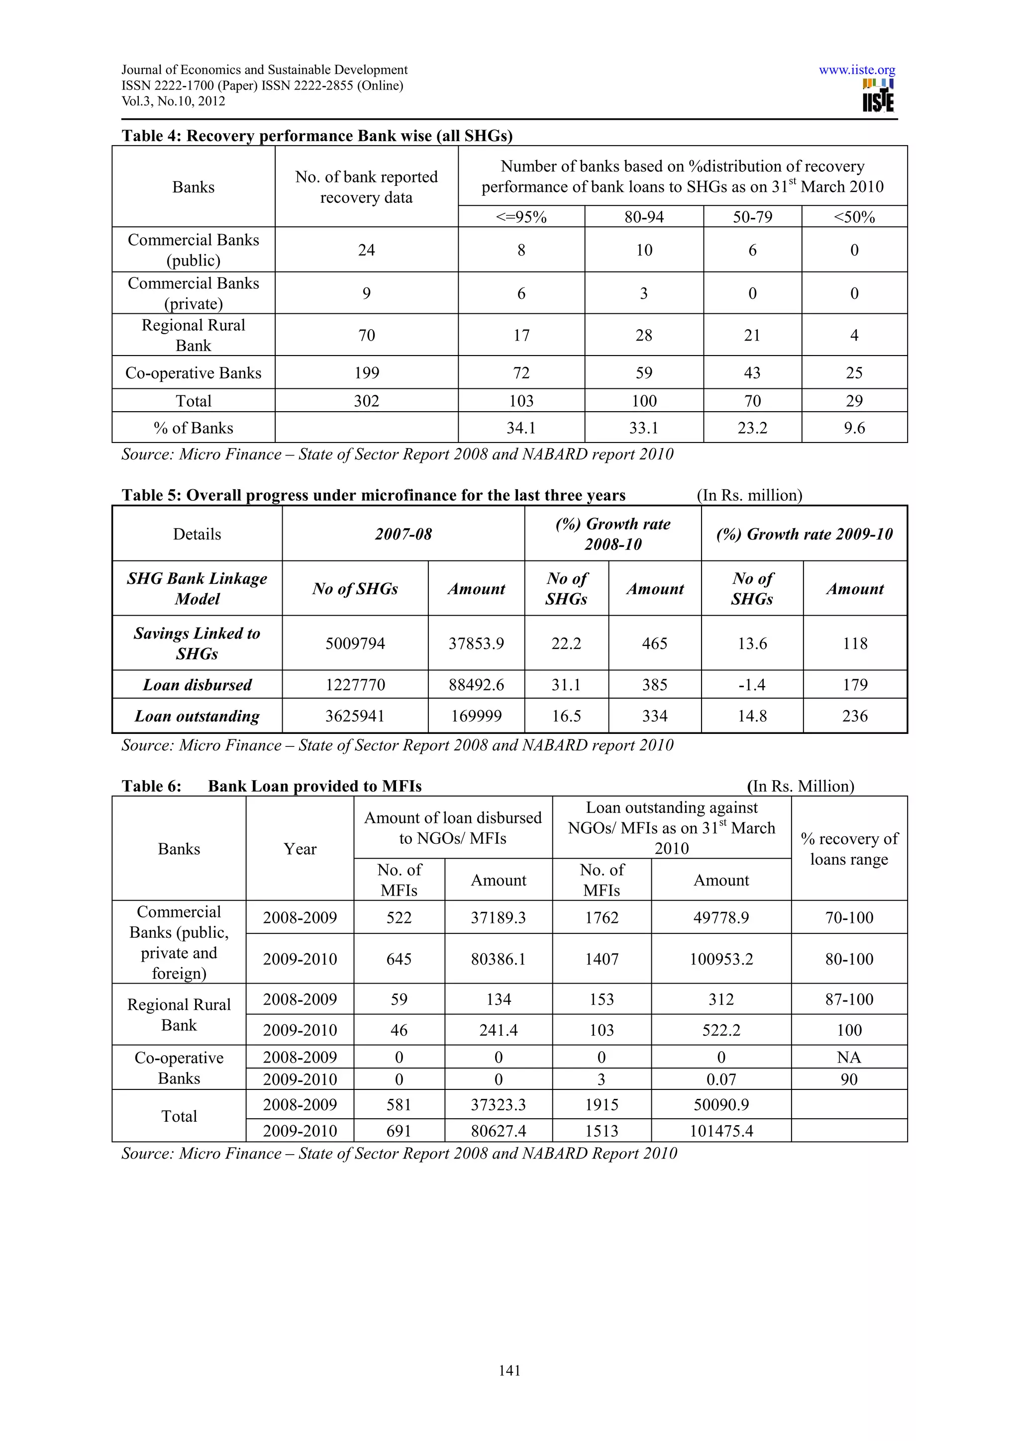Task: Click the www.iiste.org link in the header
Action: (x=856, y=70)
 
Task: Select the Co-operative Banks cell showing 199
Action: (x=366, y=373)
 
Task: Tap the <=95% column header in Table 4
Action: (x=521, y=217)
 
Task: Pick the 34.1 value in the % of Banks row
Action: (x=521, y=428)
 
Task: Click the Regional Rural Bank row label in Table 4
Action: (x=194, y=335)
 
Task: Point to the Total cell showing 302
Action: (x=366, y=401)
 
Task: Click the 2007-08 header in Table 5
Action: (x=403, y=534)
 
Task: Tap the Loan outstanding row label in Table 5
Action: (x=197, y=716)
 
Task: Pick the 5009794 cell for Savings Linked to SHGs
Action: (x=355, y=643)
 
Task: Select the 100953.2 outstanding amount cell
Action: (x=721, y=959)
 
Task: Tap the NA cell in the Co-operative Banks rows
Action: (x=849, y=1058)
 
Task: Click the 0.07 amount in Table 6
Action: (x=721, y=1080)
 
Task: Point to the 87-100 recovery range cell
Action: (x=849, y=999)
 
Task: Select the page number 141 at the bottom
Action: (x=509, y=1371)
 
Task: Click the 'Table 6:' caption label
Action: (x=151, y=787)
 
